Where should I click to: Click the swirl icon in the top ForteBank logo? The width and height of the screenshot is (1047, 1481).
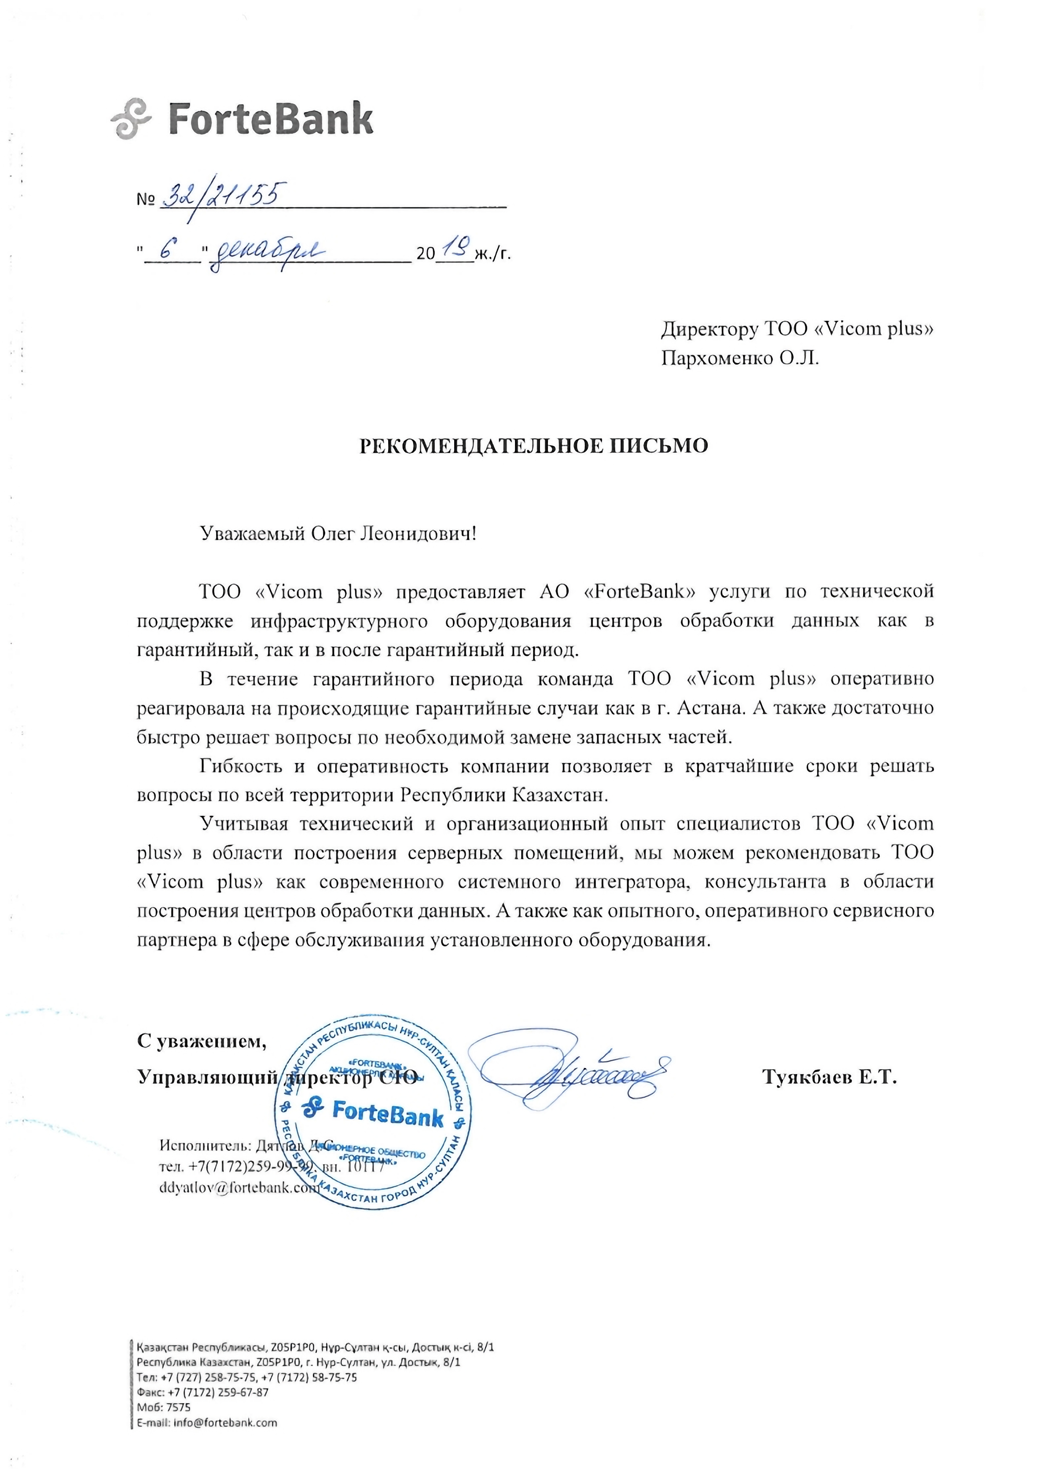(x=131, y=119)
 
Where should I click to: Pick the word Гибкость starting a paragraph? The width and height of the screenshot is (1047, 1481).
(x=241, y=766)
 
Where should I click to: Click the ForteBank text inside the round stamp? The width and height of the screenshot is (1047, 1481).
(x=387, y=1113)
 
